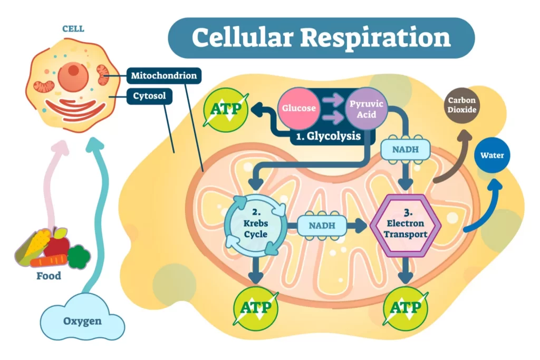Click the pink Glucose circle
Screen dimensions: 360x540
(299, 109)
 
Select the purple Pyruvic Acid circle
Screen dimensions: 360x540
(366, 109)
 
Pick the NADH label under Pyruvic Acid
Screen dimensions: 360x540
(405, 150)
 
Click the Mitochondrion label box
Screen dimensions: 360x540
(165, 75)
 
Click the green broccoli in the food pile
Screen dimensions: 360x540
(79, 256)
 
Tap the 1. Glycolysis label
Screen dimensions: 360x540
(328, 137)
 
